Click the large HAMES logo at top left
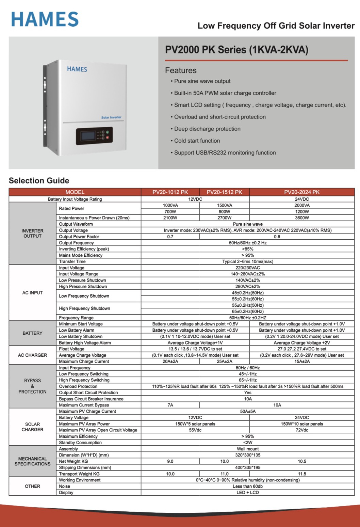pyautogui.click(x=45, y=19)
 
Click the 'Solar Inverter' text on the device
pyautogui.click(x=111, y=117)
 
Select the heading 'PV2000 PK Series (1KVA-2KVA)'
pyautogui.click(x=236, y=50)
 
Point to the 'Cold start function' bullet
pyautogui.click(x=197, y=141)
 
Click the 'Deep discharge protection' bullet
pyautogui.click(x=207, y=129)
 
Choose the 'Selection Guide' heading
pyautogui.click(x=39, y=180)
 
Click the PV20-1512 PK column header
pyautogui.click(x=224, y=192)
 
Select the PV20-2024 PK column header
pyautogui.click(x=302, y=192)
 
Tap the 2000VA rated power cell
pyautogui.click(x=302, y=205)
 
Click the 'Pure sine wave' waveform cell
pyautogui.click(x=248, y=224)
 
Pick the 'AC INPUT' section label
pyautogui.click(x=32, y=293)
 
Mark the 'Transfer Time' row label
pyautogui.click(x=72, y=261)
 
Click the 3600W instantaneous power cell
pyautogui.click(x=302, y=218)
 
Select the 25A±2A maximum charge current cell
pyautogui.click(x=224, y=362)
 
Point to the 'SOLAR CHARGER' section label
pyautogui.click(x=32, y=427)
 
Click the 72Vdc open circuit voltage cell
pyautogui.click(x=302, y=430)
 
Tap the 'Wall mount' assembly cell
pyautogui.click(x=248, y=449)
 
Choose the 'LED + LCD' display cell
pyautogui.click(x=248, y=493)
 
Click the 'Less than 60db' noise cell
pyautogui.click(x=248, y=486)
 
